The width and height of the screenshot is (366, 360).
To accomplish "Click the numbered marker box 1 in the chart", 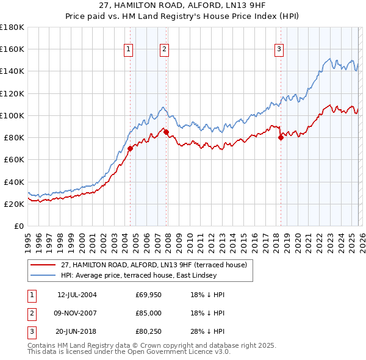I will [129, 50].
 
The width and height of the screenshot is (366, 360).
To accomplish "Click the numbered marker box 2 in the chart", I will [165, 50].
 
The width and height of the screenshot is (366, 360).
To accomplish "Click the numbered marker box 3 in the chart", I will [279, 50].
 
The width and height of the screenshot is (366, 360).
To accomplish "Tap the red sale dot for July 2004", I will [130, 148].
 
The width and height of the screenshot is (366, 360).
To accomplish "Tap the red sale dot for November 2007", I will [167, 131].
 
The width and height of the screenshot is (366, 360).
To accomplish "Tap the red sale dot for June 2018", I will [281, 137].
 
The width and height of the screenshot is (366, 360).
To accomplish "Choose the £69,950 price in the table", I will [148, 295].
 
